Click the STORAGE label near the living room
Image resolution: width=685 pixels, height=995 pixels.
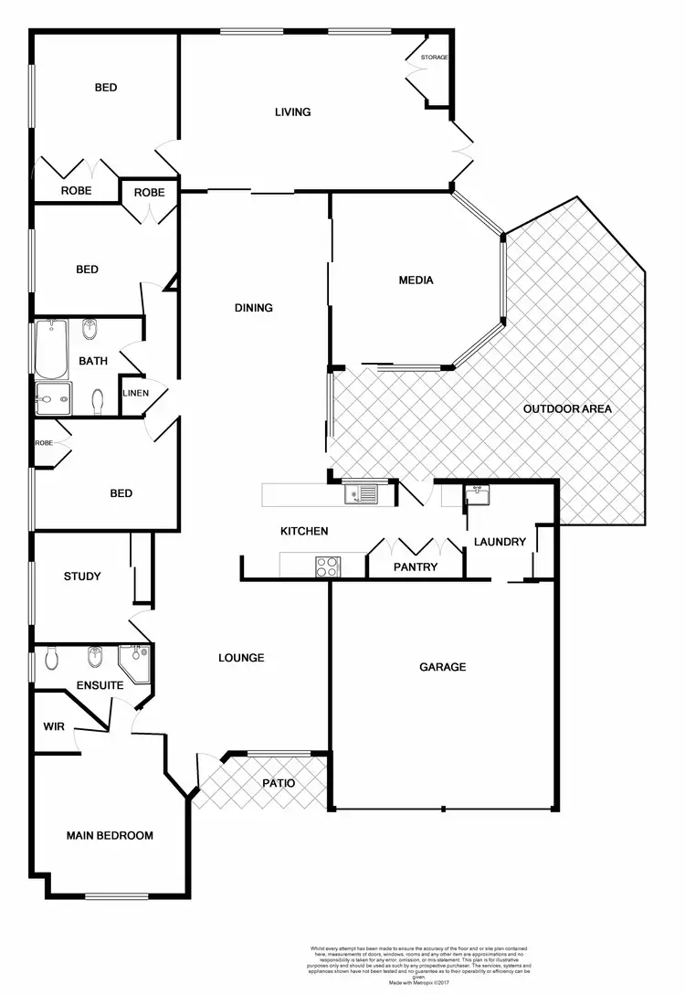point(435,58)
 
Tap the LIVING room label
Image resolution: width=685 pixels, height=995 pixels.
point(293,112)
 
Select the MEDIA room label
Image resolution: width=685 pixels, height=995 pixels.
point(416,281)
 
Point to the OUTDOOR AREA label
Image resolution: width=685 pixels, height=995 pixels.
point(567,408)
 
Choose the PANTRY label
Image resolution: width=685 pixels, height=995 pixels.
point(416,567)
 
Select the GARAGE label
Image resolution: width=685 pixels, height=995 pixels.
point(443,667)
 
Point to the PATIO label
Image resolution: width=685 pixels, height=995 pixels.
point(278,783)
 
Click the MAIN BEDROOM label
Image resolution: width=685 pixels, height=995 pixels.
point(110,835)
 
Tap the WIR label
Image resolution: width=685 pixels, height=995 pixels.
point(53,727)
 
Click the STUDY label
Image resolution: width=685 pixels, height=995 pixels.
point(82,577)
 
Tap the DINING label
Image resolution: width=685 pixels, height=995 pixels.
point(254,308)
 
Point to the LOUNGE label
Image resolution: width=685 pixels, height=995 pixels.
point(241,658)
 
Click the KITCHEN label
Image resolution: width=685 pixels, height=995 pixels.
point(303,531)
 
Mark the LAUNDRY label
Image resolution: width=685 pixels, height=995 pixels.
point(500,542)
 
